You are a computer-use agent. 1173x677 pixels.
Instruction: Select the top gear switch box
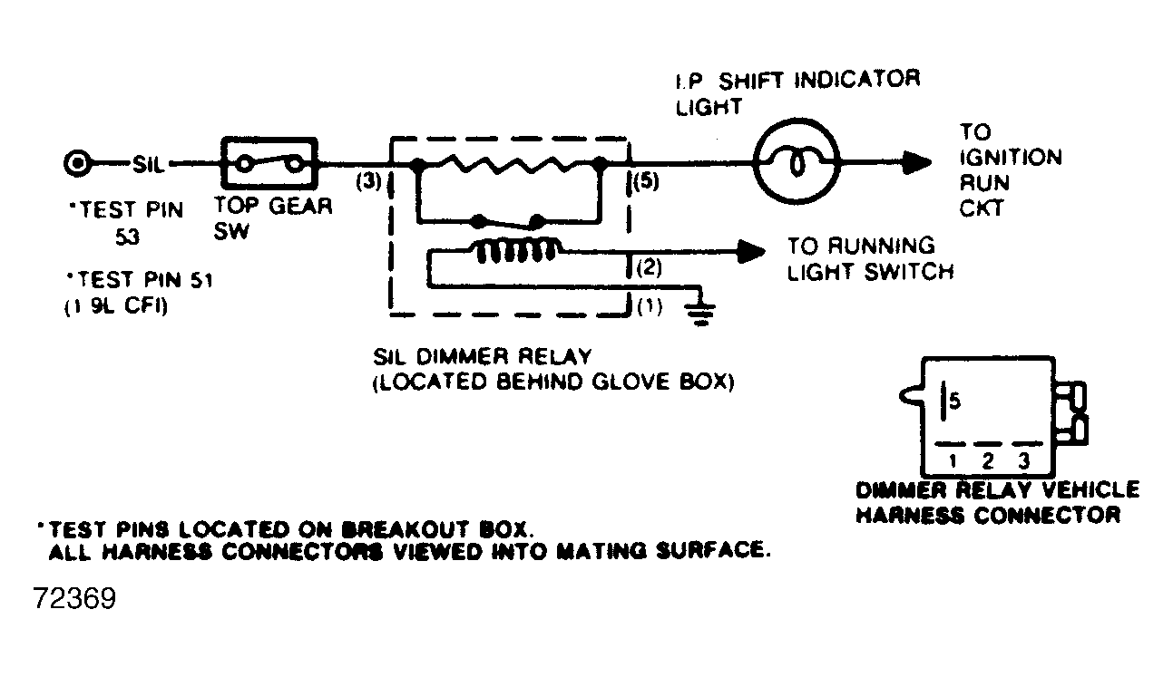point(269,164)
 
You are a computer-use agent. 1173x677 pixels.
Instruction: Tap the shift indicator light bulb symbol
point(797,164)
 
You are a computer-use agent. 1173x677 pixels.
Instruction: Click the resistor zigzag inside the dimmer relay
point(507,164)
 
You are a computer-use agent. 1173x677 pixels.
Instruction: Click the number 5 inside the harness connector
point(955,399)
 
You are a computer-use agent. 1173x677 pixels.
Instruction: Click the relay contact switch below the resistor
point(509,221)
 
